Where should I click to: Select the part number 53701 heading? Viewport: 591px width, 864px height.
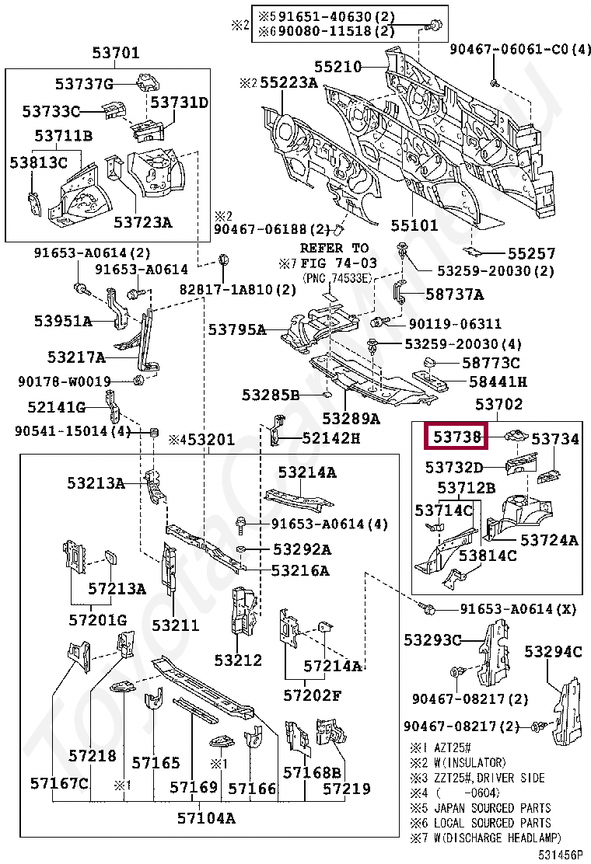coord(116,54)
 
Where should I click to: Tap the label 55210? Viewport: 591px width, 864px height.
coord(337,67)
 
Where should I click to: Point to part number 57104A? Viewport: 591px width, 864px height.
coord(206,817)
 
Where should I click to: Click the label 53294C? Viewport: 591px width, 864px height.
coord(553,651)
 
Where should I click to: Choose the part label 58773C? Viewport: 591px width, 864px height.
coord(491,363)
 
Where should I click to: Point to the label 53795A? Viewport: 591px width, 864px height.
coord(236,329)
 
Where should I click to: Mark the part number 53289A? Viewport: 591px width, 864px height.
coord(351,419)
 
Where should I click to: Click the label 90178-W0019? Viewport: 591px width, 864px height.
coord(65,381)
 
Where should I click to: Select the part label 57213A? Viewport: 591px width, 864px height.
coord(117,588)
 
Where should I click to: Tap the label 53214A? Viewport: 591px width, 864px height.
coord(307,472)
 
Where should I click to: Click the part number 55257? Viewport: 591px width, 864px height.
coord(532,253)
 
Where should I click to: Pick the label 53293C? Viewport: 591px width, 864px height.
coord(432,639)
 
